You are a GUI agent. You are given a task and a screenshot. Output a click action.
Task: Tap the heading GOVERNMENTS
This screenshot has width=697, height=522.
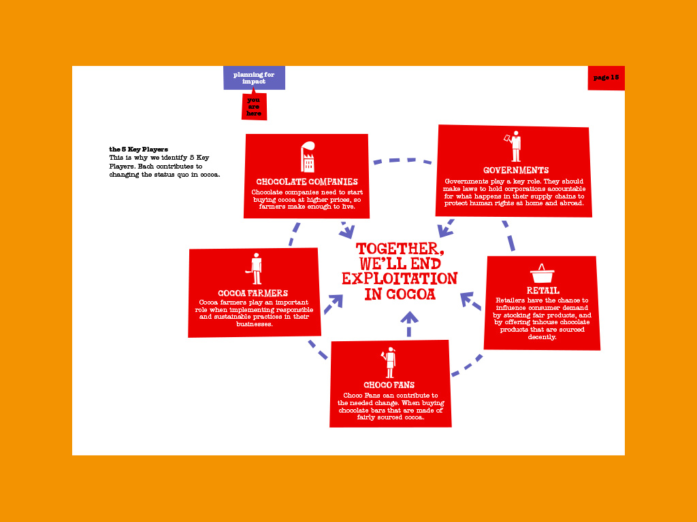[x=515, y=170]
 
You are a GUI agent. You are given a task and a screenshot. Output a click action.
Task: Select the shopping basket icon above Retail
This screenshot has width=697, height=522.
[x=542, y=275]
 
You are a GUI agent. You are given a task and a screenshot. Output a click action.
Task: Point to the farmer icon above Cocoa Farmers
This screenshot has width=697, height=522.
[x=255, y=268]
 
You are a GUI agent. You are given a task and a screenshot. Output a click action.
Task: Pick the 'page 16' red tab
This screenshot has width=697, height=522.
[x=606, y=77]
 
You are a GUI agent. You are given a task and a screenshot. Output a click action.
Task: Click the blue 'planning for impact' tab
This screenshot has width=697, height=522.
[x=254, y=77]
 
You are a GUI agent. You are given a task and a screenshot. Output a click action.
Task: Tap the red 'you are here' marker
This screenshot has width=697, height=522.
[x=254, y=107]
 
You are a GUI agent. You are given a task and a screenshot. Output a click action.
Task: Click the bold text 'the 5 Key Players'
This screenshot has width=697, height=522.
[x=138, y=149]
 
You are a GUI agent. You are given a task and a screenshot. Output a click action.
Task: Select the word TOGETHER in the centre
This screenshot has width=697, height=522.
[x=400, y=249]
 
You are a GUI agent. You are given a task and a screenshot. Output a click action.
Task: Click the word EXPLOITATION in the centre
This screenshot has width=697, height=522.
[x=400, y=279]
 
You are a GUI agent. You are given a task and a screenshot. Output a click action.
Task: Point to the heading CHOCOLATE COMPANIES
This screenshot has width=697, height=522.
[x=307, y=181]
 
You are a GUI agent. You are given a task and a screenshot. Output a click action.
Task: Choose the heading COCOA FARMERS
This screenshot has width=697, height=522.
[x=253, y=293]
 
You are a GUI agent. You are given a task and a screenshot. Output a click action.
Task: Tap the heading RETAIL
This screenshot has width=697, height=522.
[x=542, y=290]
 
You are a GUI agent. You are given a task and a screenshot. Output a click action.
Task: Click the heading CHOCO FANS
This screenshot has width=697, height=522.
[x=389, y=385]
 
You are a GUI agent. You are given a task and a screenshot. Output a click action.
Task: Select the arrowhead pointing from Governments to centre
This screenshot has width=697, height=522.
[x=445, y=230]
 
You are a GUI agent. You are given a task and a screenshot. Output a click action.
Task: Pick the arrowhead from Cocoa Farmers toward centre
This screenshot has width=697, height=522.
[x=335, y=301]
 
